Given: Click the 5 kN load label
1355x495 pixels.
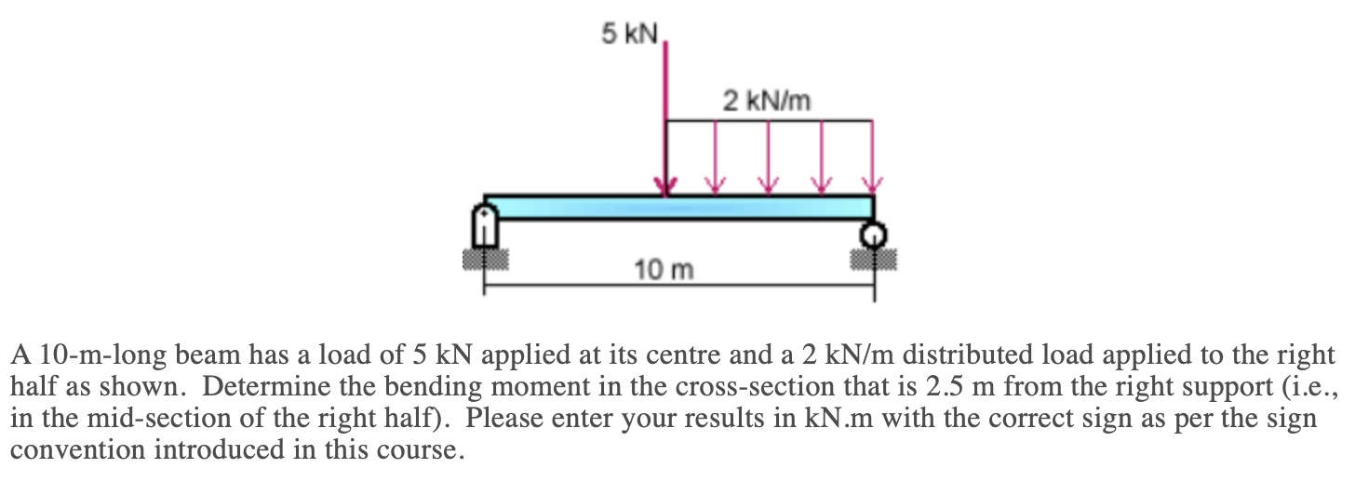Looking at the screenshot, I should coord(629,35).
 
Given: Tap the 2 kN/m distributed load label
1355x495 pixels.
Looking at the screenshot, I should coord(766,100).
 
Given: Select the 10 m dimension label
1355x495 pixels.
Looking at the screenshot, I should coord(664,271).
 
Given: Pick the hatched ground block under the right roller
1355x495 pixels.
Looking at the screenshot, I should coord(873,258).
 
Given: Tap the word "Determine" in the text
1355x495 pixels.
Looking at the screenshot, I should coord(263,387).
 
